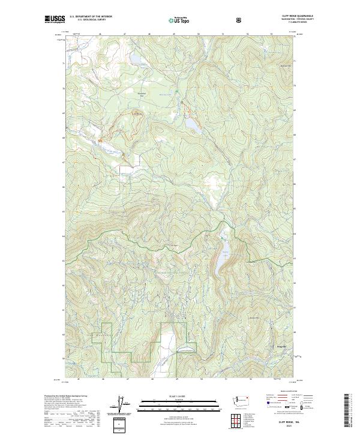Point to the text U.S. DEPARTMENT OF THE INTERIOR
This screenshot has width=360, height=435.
(91, 16)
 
